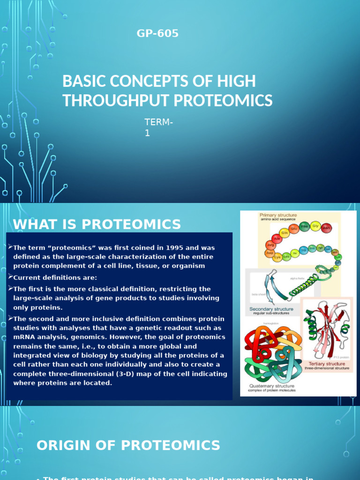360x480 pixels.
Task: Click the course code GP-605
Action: click(157, 33)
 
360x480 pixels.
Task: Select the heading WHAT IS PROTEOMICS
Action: click(97, 225)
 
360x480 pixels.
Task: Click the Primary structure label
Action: click(278, 215)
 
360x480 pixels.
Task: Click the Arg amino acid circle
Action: click(270, 245)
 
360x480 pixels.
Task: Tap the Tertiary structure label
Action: click(327, 363)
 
